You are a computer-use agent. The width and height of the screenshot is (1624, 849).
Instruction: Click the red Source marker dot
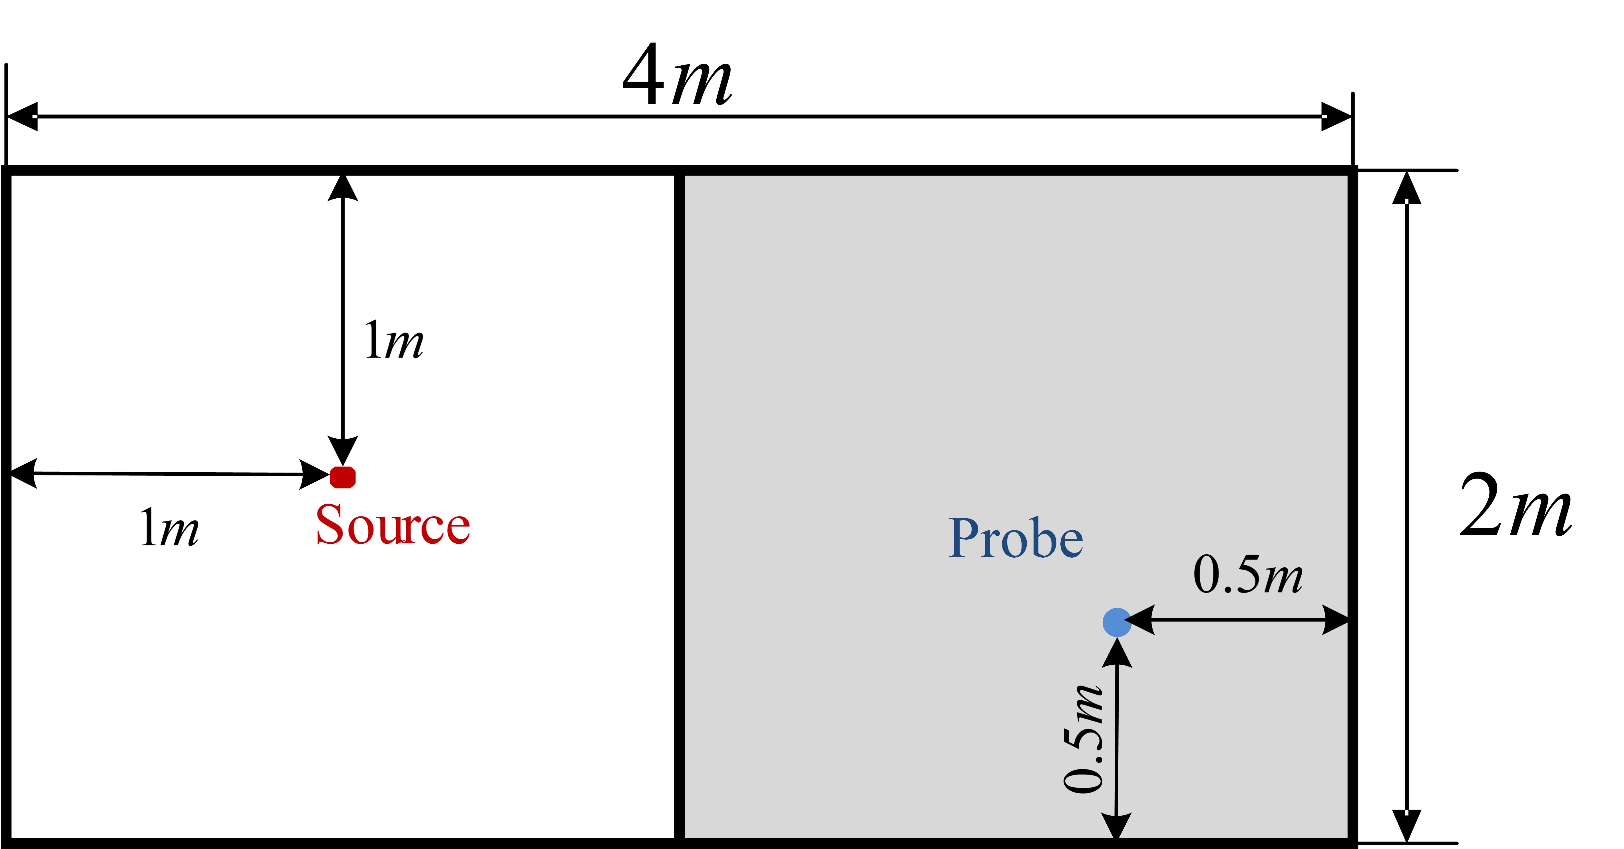pos(343,477)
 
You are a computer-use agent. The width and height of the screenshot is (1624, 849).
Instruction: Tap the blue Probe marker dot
pos(1116,622)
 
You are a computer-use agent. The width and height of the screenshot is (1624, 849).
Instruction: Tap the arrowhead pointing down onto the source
pos(343,451)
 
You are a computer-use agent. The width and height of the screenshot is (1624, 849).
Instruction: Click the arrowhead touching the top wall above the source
pos(343,187)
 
